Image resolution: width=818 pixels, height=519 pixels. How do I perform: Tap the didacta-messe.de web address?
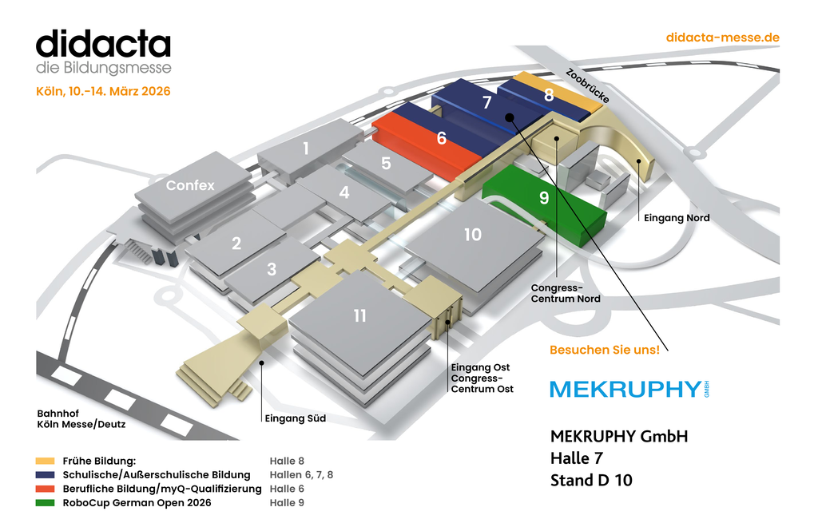coord(721,38)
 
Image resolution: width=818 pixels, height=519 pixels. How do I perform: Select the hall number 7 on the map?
coord(487,102)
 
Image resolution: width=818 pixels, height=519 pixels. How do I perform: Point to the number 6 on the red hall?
coord(442,138)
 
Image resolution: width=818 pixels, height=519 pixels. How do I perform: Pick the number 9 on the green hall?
coord(544,197)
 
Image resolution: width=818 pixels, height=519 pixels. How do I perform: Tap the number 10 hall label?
coord(473,234)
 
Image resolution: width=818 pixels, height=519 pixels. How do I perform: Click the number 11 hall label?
coord(360,316)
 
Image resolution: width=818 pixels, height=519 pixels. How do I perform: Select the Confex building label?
coord(190,185)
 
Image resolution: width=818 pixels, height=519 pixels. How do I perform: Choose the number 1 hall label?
coord(305,148)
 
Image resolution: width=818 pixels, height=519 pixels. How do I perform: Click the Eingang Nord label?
coord(677,217)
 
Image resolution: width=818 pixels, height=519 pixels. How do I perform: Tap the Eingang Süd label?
coord(295,418)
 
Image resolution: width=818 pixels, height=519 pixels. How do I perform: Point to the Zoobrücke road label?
coord(588,85)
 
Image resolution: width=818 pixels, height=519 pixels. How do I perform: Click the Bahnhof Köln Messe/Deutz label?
coord(81,418)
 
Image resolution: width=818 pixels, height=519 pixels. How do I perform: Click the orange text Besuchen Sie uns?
coord(605,350)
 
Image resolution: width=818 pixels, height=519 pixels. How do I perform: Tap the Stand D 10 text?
coord(591,480)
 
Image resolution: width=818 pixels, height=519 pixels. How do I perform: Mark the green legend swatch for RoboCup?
coord(45,503)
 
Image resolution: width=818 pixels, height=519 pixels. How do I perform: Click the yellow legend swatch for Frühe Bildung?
coord(45,461)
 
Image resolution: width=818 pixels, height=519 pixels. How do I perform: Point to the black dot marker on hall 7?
coord(509,117)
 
